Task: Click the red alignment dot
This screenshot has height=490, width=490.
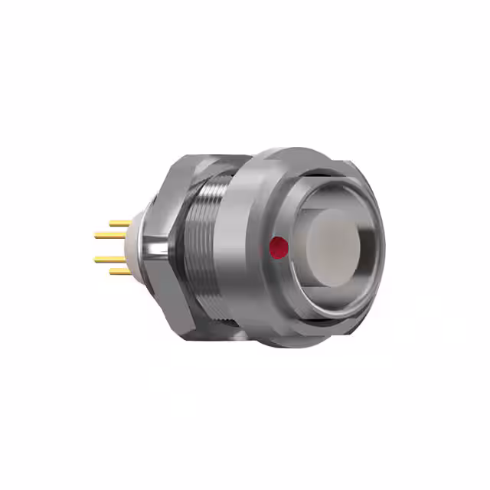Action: tap(279, 247)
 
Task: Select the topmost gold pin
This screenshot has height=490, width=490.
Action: tap(120, 224)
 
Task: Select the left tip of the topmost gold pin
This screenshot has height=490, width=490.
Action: tap(111, 224)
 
